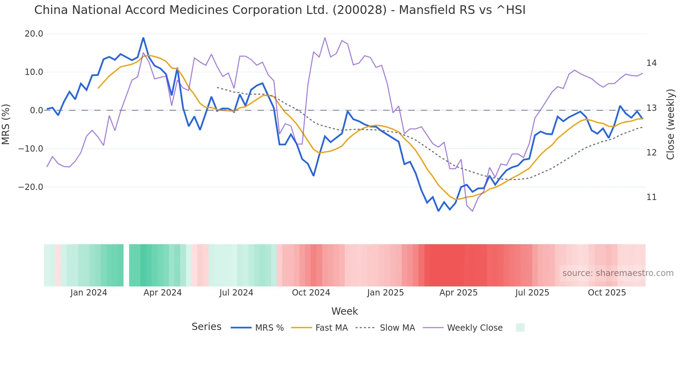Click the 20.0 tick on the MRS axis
click(34, 34)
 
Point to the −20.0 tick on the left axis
click(31, 187)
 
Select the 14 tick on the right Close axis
click(651, 63)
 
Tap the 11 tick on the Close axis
click(651, 197)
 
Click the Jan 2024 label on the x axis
click(89, 293)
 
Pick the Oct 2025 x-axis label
click(607, 293)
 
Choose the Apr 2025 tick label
click(458, 293)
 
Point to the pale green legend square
click(520, 328)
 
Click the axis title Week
click(344, 311)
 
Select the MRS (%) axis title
click(6, 124)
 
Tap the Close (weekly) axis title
click(670, 124)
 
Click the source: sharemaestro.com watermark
click(618, 273)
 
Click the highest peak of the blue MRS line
click(143, 38)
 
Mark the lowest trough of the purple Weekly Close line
click(473, 211)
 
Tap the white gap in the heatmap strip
click(126, 265)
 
